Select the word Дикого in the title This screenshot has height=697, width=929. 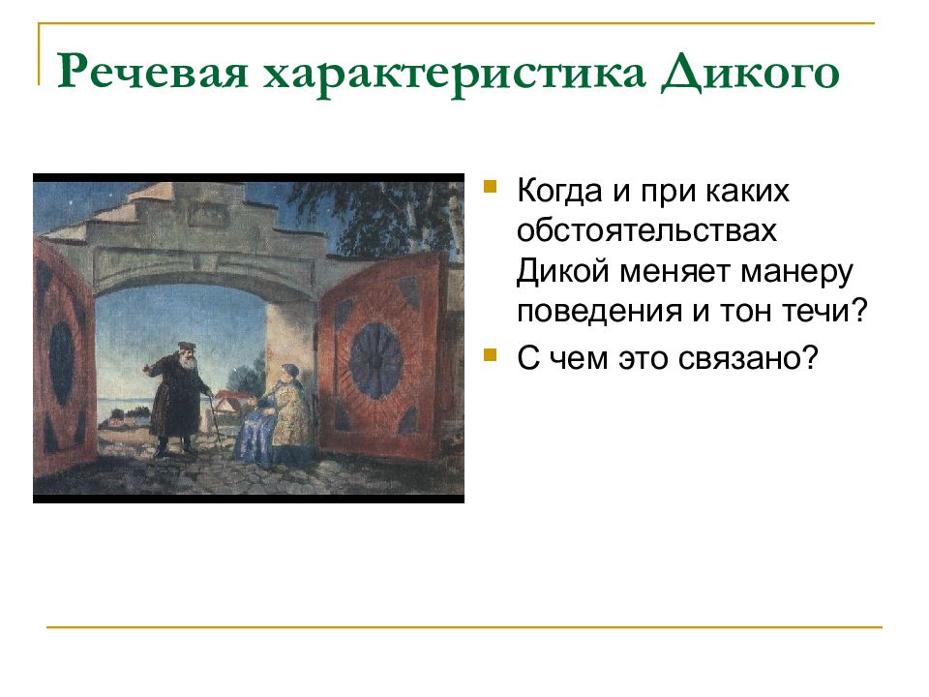tap(749, 75)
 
